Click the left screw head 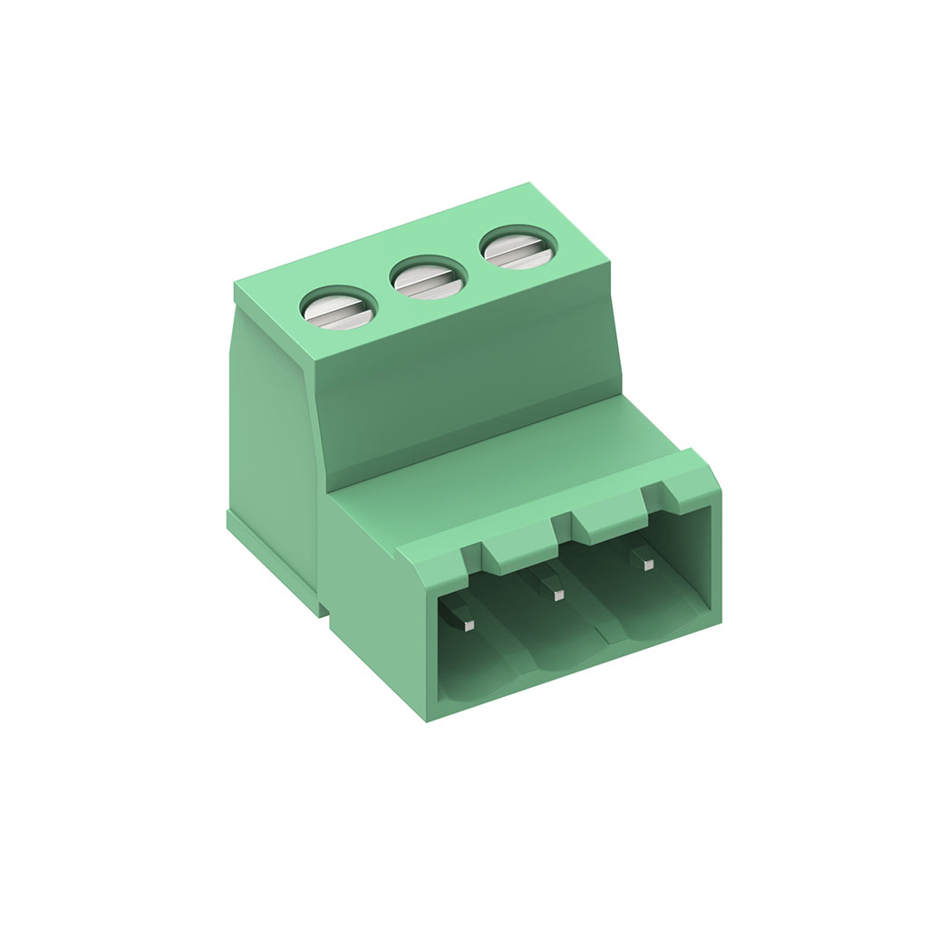[338, 309]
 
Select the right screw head [515, 246]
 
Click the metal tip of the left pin [469, 625]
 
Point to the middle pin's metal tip [558, 594]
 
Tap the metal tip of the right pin [647, 564]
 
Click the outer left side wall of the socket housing [372, 598]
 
